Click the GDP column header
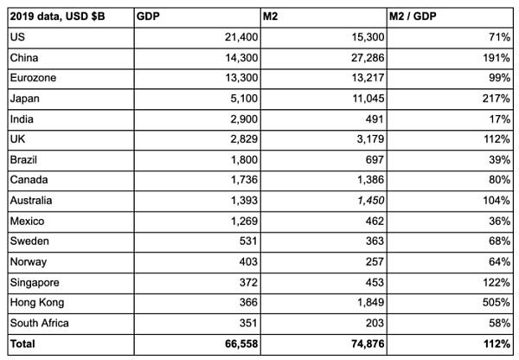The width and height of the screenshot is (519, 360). point(149,16)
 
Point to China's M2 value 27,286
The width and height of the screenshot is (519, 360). point(361,56)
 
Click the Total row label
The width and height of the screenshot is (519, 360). point(23,344)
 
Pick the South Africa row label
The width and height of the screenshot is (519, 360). point(40,324)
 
